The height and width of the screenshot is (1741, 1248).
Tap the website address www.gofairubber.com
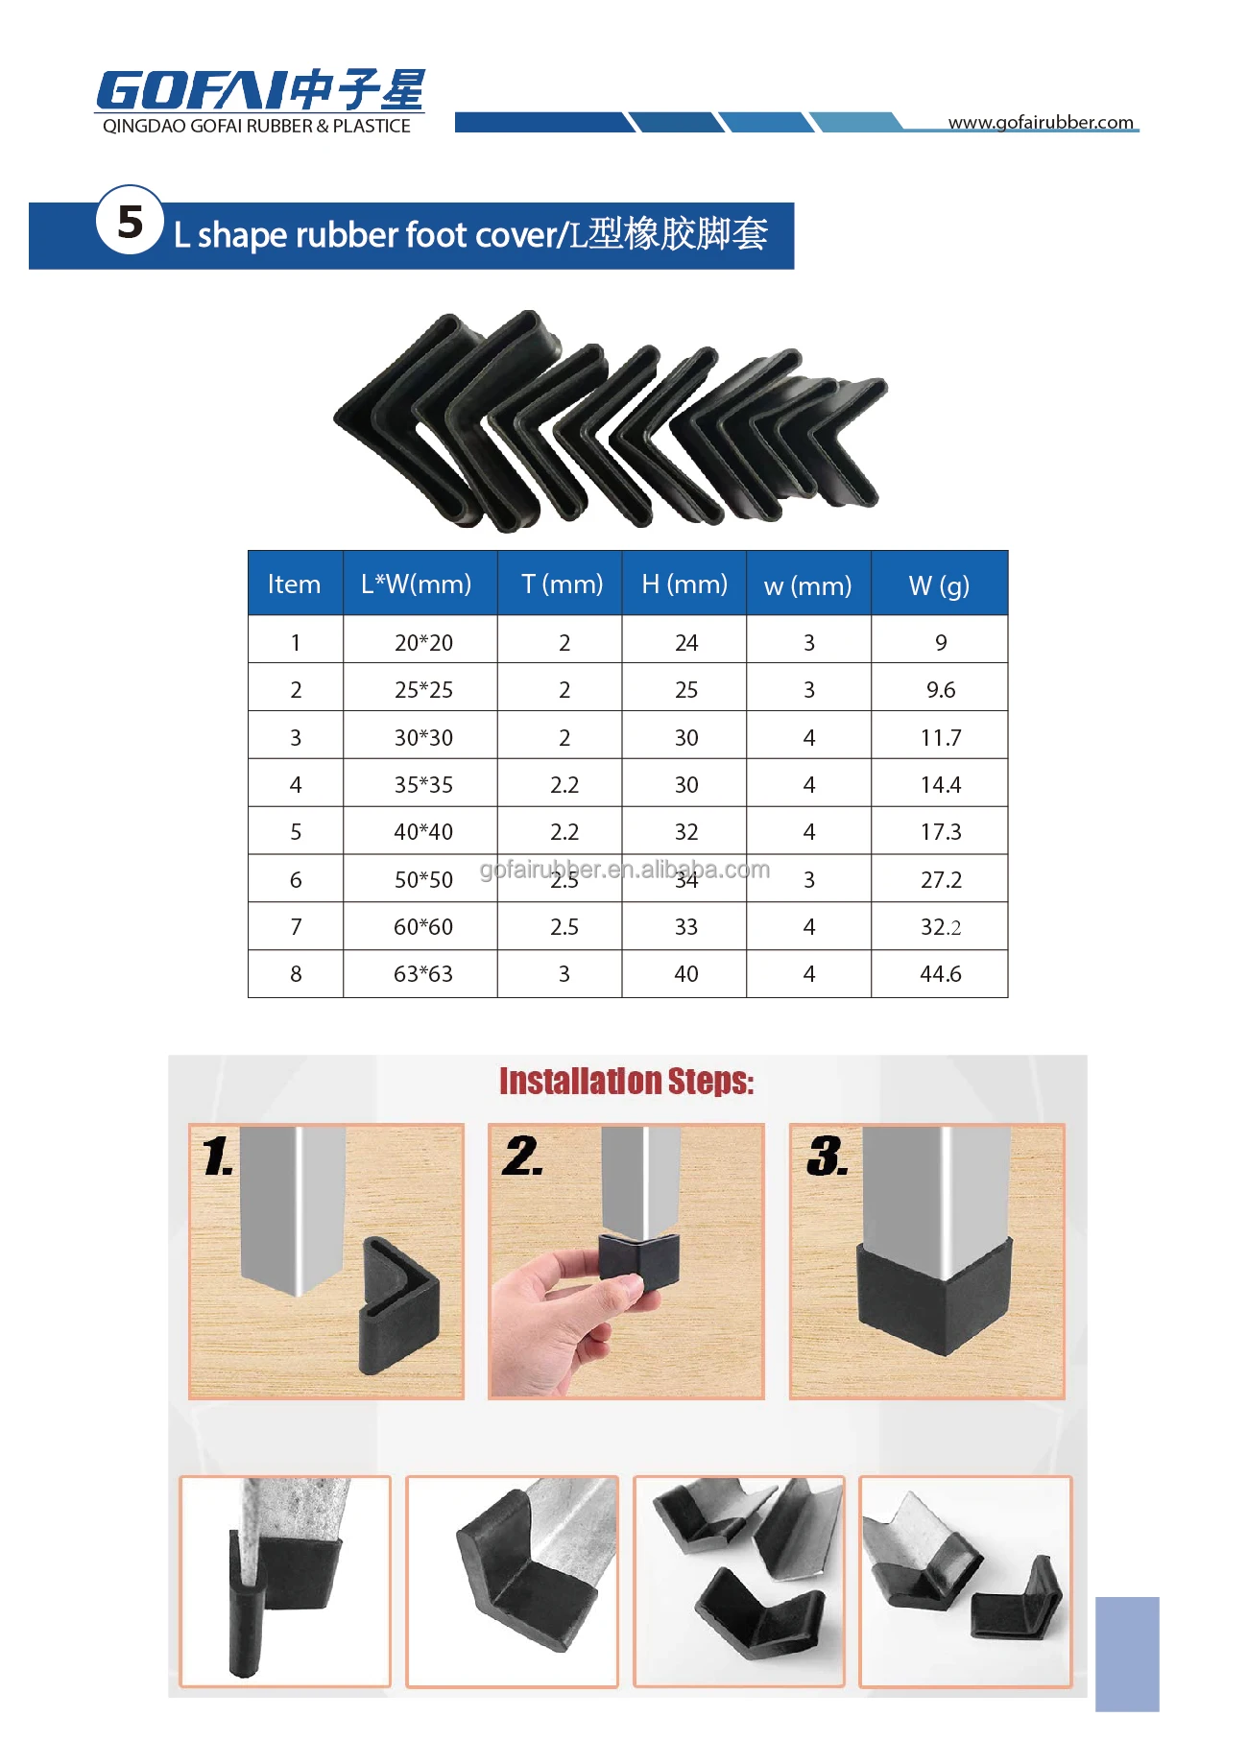[1041, 122]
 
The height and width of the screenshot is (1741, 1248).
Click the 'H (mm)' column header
[684, 584]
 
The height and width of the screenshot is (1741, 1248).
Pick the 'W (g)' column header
[939, 584]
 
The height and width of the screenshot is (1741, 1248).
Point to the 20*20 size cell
[423, 642]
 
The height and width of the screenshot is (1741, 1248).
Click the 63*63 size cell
[423, 973]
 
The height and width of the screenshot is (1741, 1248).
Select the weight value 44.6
[941, 973]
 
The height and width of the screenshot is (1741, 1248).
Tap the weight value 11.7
[941, 737]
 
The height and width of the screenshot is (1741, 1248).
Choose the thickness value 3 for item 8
[564, 973]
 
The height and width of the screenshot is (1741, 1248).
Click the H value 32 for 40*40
[686, 831]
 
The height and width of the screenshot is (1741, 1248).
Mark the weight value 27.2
[941, 879]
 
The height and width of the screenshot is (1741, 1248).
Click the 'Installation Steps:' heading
[627, 1082]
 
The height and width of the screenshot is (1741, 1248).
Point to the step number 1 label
[218, 1156]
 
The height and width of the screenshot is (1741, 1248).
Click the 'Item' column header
[294, 584]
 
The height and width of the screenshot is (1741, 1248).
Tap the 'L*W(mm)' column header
[417, 584]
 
